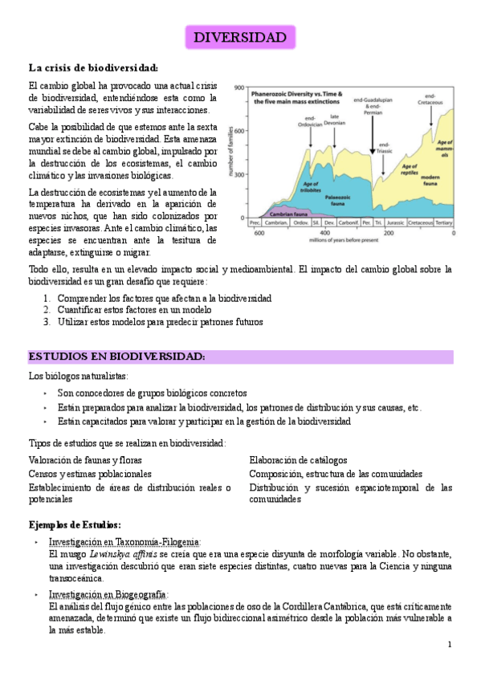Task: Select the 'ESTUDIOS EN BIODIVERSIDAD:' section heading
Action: [x=117, y=356]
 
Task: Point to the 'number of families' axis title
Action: [x=233, y=150]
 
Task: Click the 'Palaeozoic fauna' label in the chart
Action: [x=336, y=198]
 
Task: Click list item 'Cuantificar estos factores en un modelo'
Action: [x=134, y=309]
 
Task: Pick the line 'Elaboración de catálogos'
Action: [x=298, y=460]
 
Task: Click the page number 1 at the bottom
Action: [x=450, y=645]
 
